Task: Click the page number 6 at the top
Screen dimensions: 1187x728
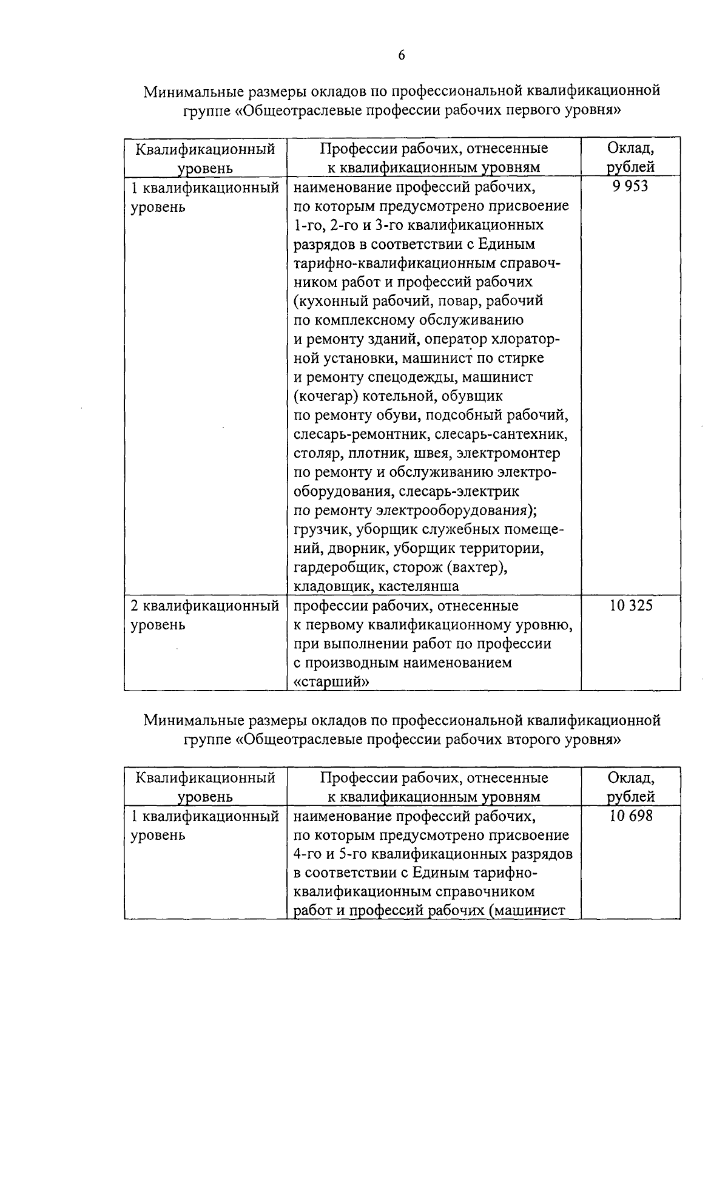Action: tap(401, 56)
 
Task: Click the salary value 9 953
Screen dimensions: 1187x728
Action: tap(630, 187)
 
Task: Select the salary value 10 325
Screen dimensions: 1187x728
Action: tap(631, 606)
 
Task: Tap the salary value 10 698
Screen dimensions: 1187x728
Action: tap(631, 816)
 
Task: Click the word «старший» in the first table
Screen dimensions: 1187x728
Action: tap(331, 682)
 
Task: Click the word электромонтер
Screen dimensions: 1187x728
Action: tap(509, 453)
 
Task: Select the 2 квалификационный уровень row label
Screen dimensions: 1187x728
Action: tap(204, 615)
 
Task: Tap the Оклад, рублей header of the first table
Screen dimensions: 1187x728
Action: tap(630, 158)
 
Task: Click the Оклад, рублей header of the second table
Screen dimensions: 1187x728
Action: tap(630, 787)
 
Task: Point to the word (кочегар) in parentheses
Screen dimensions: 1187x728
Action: tap(325, 397)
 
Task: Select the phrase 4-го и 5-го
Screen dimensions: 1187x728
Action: tap(329, 854)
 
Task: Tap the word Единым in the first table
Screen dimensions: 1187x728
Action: tap(507, 244)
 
